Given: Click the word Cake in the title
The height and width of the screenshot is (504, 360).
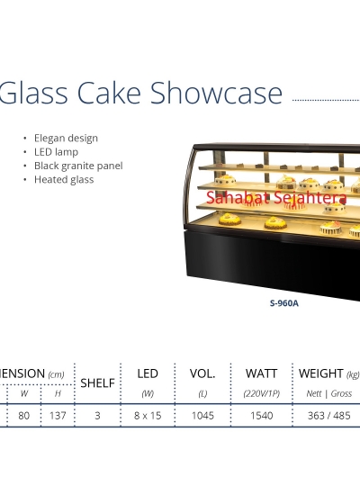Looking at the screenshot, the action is tap(109, 93).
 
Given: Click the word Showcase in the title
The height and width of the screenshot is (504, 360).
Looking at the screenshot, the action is tap(216, 93).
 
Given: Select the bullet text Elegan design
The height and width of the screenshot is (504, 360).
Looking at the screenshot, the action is tap(66, 139).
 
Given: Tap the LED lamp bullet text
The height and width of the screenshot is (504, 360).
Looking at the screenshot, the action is tap(56, 152).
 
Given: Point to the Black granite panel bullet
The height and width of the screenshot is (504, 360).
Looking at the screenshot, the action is tap(78, 166).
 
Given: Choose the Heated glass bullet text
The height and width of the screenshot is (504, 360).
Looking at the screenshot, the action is tap(64, 179).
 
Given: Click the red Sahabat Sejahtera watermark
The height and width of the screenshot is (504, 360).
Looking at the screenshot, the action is tap(276, 197).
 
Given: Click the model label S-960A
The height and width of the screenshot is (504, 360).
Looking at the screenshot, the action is tap(284, 303).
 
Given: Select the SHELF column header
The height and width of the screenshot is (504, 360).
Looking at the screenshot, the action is tap(97, 382).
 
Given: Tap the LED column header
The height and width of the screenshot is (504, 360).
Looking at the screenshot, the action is tap(148, 373).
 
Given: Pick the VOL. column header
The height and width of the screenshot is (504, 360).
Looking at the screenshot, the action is tap(202, 373).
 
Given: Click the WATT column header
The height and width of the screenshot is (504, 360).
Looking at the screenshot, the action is tap(261, 373).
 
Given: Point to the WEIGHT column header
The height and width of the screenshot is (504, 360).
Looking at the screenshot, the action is tap(320, 373).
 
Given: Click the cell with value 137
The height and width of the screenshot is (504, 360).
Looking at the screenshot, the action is tap(58, 416).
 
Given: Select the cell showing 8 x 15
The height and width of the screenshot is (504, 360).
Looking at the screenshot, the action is tap(148, 416).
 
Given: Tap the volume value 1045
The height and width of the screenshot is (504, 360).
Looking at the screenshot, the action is tap(202, 416).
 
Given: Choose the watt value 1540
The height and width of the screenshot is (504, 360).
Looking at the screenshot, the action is tap(262, 416).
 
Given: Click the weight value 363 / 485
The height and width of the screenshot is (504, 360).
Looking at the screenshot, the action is tap(328, 416).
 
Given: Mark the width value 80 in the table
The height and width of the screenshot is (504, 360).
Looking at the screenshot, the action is tap(23, 416).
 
